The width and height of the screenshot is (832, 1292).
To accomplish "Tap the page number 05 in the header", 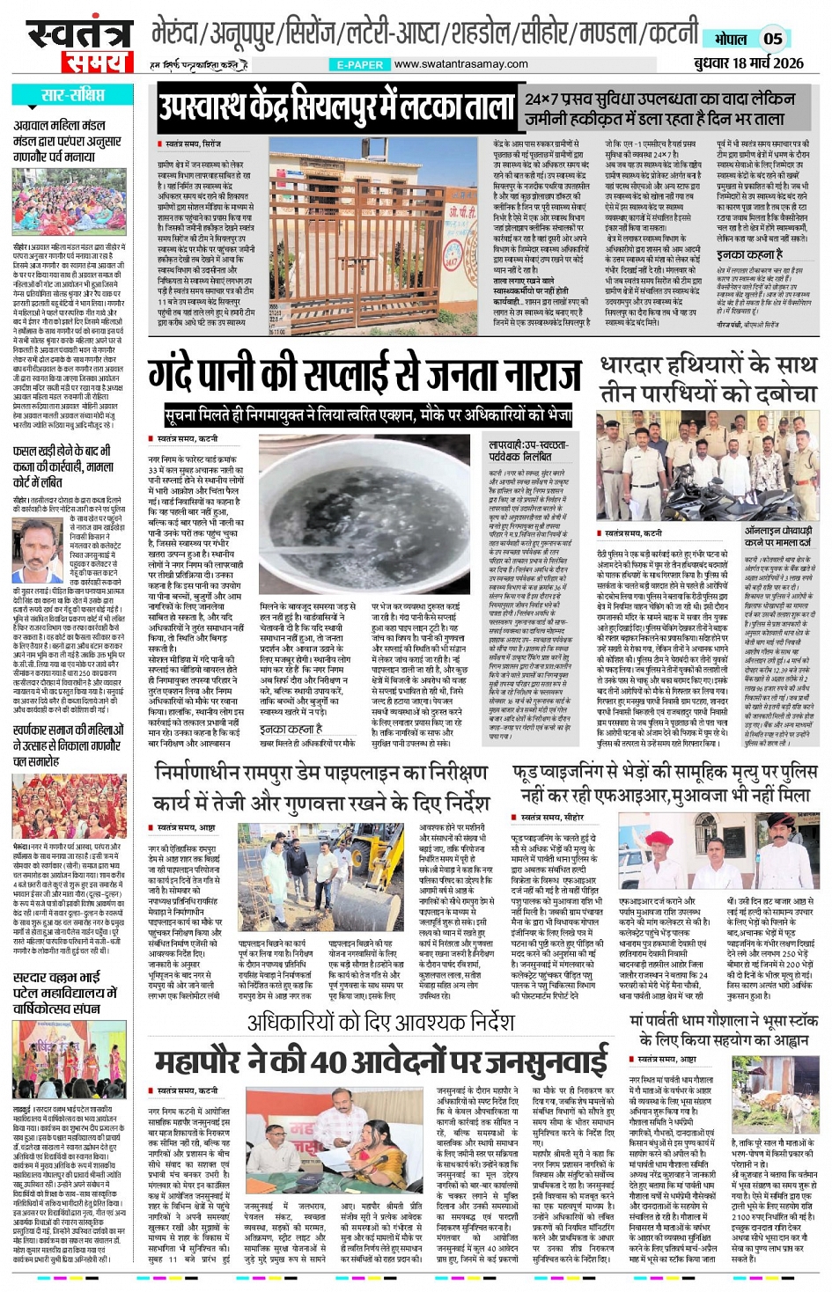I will click(772, 38).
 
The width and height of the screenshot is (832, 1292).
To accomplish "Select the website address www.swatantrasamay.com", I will click(460, 64).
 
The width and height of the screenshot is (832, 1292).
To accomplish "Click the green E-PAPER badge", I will click(360, 65).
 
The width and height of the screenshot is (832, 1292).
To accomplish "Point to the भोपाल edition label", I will click(730, 39).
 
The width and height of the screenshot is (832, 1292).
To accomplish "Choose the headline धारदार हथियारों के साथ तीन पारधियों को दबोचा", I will click(708, 379).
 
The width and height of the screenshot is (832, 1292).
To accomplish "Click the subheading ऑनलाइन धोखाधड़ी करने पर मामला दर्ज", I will click(778, 537).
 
